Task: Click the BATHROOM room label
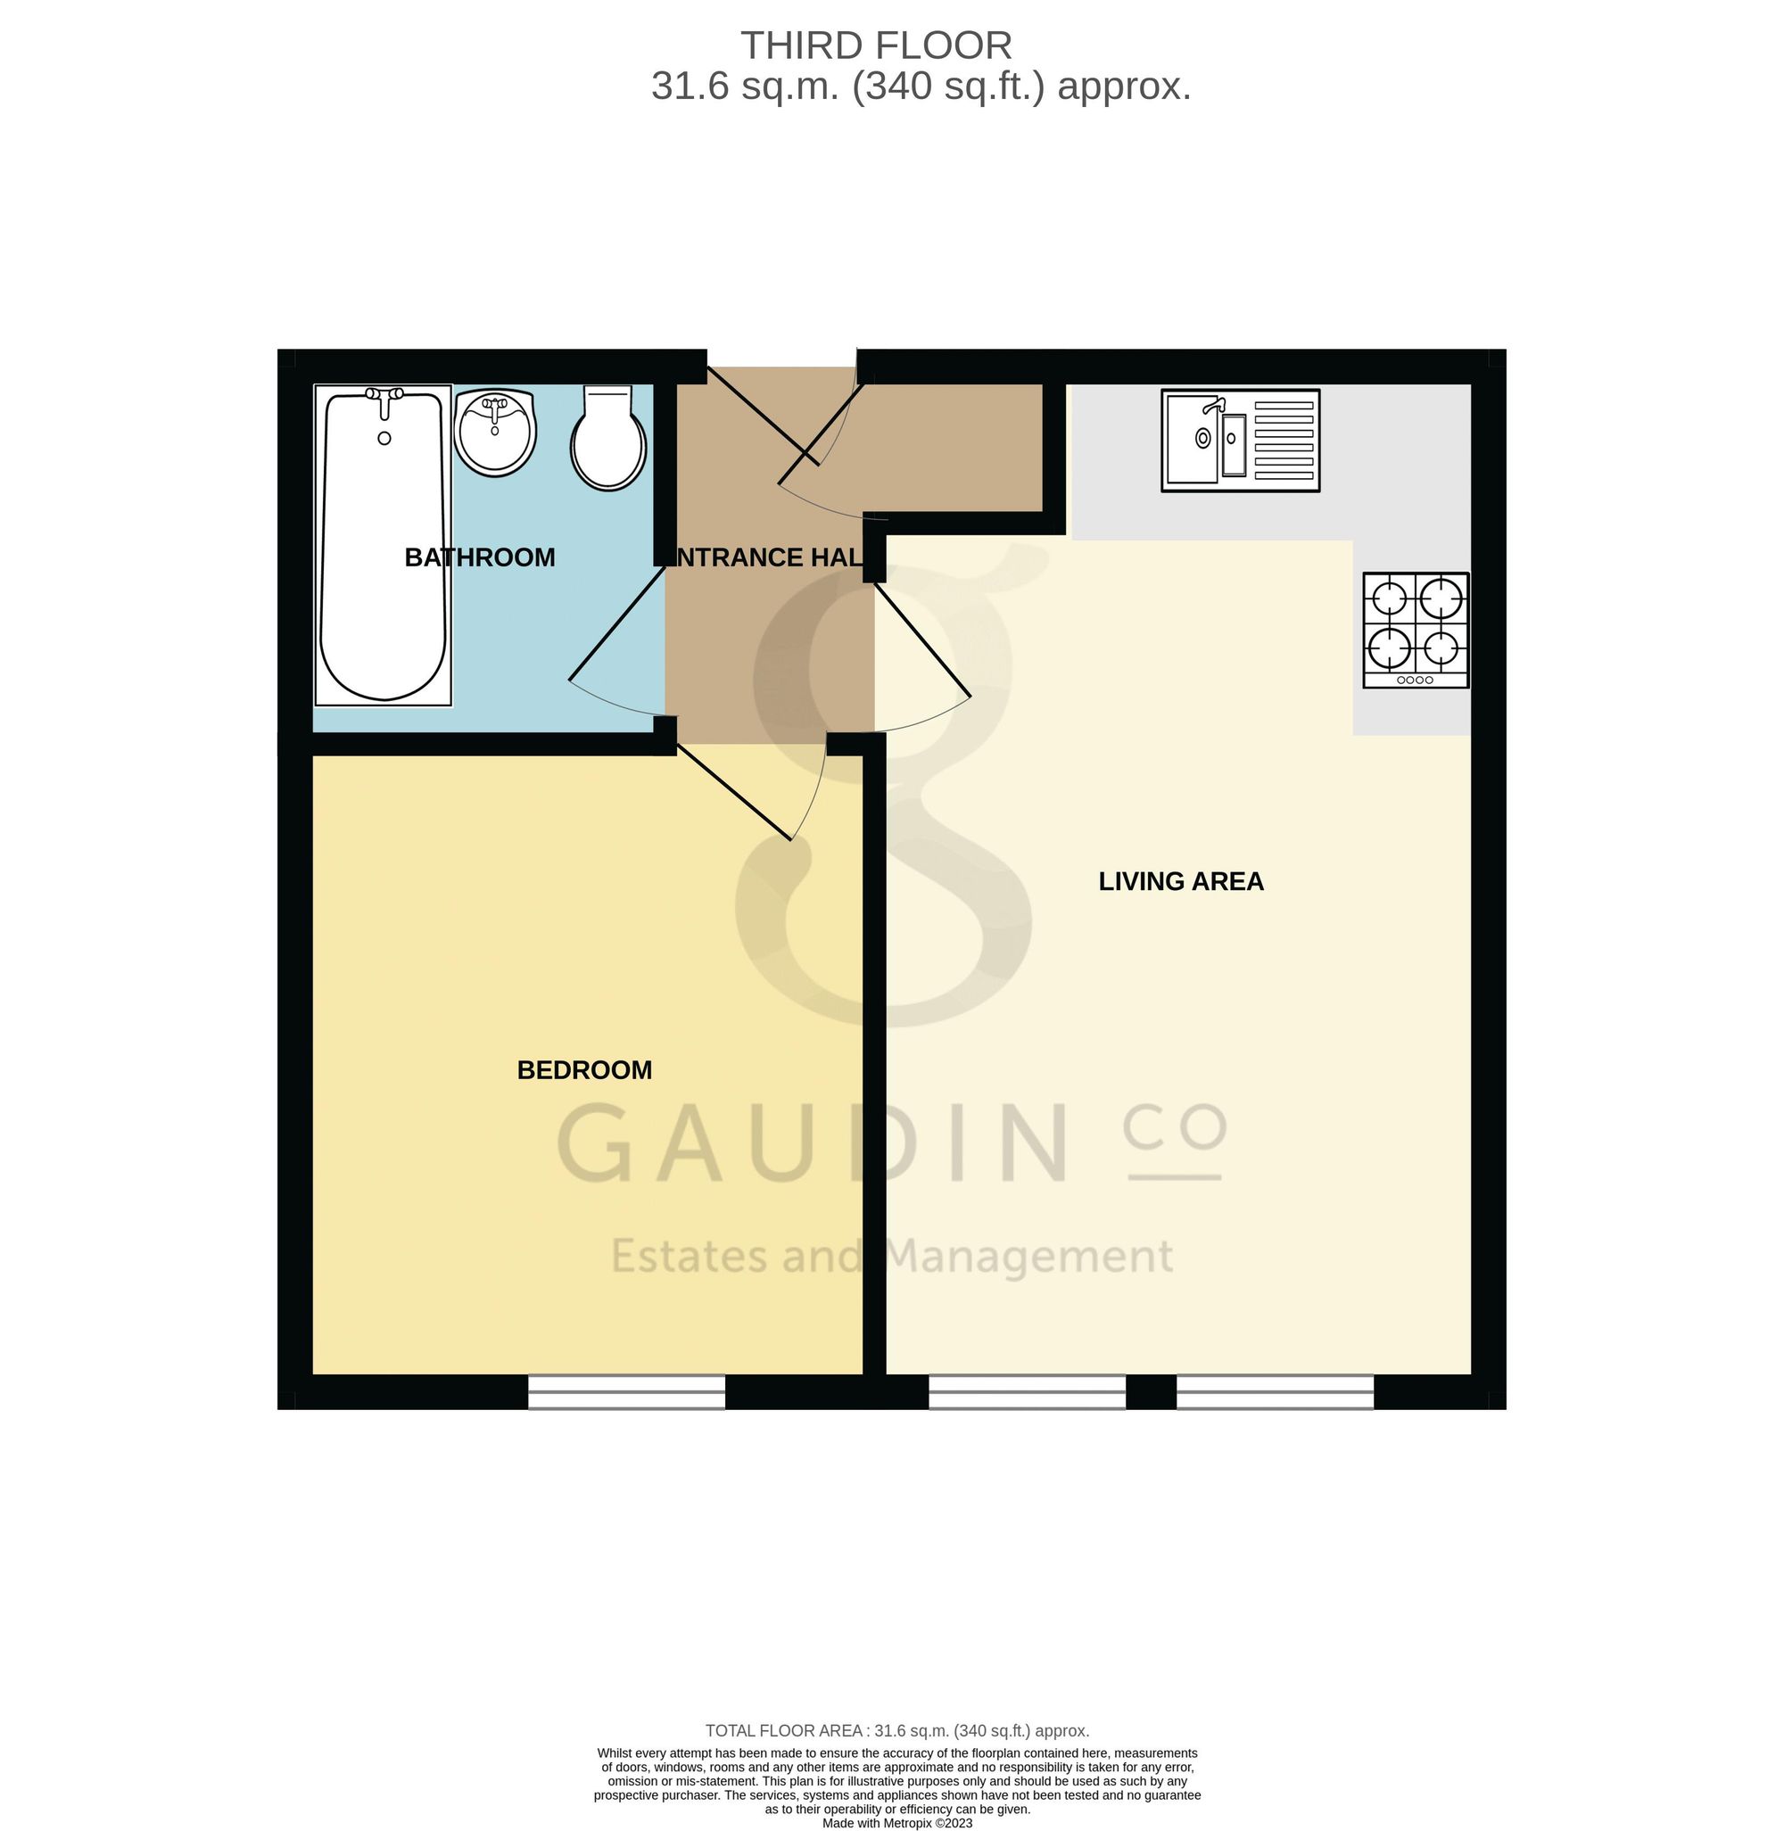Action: tap(480, 557)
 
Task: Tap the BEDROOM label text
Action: tap(584, 1070)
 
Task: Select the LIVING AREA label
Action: tap(1181, 881)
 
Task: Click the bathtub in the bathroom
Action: tap(384, 544)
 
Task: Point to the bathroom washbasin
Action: tap(495, 432)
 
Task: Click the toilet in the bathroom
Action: tap(608, 438)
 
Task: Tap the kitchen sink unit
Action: tap(1240, 441)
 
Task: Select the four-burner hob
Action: tap(1416, 630)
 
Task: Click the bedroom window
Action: tap(626, 1391)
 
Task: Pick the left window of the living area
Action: tap(1027, 1391)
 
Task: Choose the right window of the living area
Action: tap(1276, 1391)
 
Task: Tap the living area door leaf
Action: tap(922, 639)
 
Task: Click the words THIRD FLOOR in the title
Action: tap(876, 45)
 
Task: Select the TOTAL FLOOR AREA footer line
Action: tap(896, 1731)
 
